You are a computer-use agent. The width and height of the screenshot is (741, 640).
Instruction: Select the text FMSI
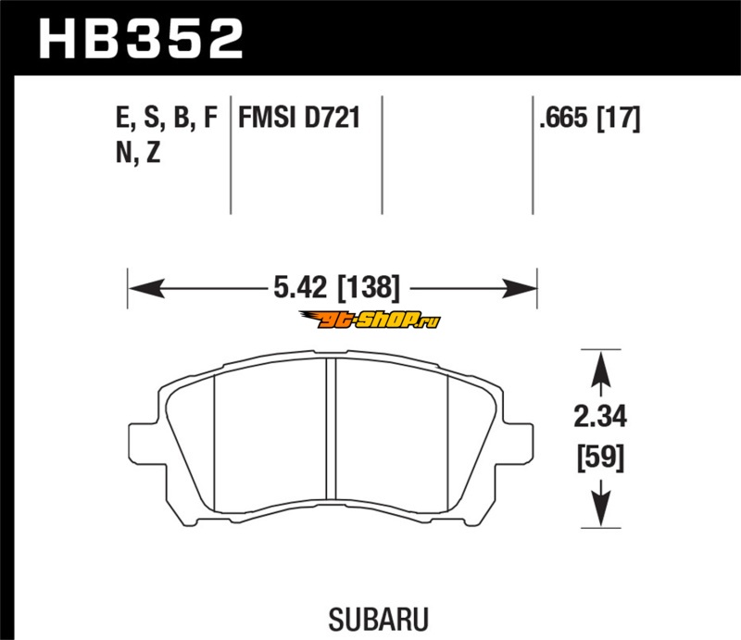pos(267,118)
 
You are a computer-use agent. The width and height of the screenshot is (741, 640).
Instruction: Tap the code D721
pos(332,118)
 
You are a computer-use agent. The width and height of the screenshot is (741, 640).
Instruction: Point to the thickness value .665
pos(563,118)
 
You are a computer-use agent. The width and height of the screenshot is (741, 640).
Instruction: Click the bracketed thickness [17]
pos(619,118)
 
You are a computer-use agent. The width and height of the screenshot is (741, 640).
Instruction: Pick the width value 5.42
pos(300,287)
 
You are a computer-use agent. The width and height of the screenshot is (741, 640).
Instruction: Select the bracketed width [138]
pos(369,287)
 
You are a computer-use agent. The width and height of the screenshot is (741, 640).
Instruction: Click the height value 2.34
pos(600,417)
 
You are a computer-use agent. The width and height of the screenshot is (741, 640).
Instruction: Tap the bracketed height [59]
pos(600,457)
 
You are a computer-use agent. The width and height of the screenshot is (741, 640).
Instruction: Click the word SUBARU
pos(379,620)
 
